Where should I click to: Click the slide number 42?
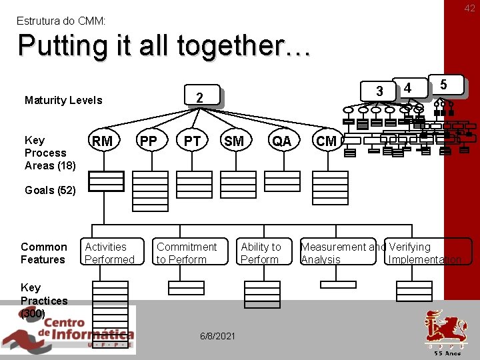pyautogui.click(x=470, y=8)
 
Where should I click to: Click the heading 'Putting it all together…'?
pyautogui.click(x=164, y=46)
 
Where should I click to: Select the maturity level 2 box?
pyautogui.click(x=199, y=98)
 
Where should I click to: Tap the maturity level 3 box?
pyautogui.click(x=379, y=91)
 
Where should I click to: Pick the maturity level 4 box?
pyautogui.click(x=408, y=87)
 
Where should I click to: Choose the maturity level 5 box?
pyautogui.click(x=443, y=84)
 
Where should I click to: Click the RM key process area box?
pyautogui.click(x=102, y=141)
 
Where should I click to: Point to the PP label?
pyautogui.click(x=148, y=141)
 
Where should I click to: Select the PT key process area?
pyautogui.click(x=192, y=141)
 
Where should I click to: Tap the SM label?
pyautogui.click(x=234, y=141)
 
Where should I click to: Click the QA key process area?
pyautogui.click(x=281, y=141)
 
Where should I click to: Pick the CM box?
pyautogui.click(x=326, y=141)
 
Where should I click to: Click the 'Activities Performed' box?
pyautogui.click(x=110, y=253)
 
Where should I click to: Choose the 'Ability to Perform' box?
pyautogui.click(x=261, y=253)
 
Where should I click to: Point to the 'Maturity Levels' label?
pyautogui.click(x=63, y=101)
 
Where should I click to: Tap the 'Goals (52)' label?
pyautogui.click(x=49, y=190)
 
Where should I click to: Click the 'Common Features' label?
pyautogui.click(x=44, y=253)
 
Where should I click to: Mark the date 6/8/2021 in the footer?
pyautogui.click(x=217, y=335)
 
